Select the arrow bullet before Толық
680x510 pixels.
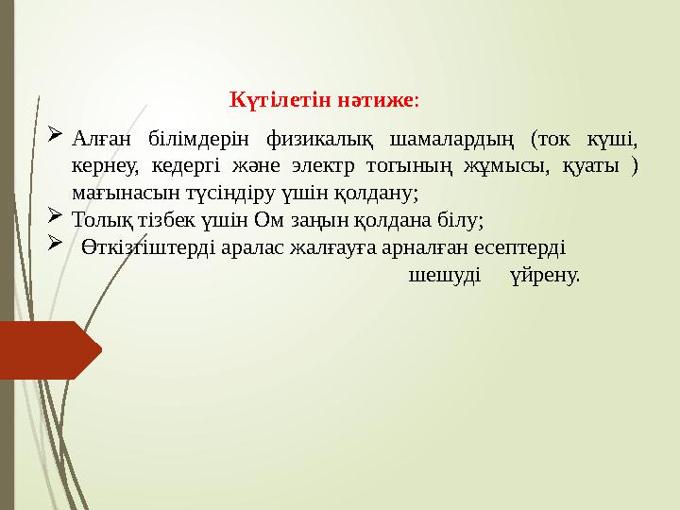tap(54, 220)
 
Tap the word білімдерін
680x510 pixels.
tap(194, 142)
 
